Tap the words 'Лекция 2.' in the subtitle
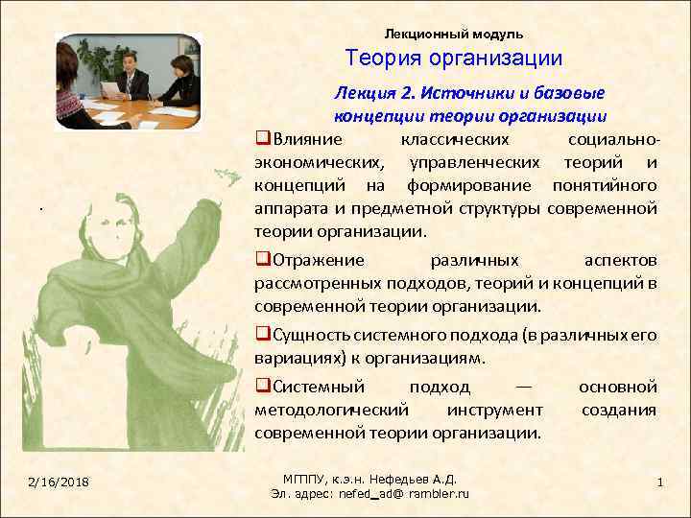point(366,93)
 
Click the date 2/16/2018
point(60,480)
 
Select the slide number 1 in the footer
point(660,480)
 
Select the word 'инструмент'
point(494,410)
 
